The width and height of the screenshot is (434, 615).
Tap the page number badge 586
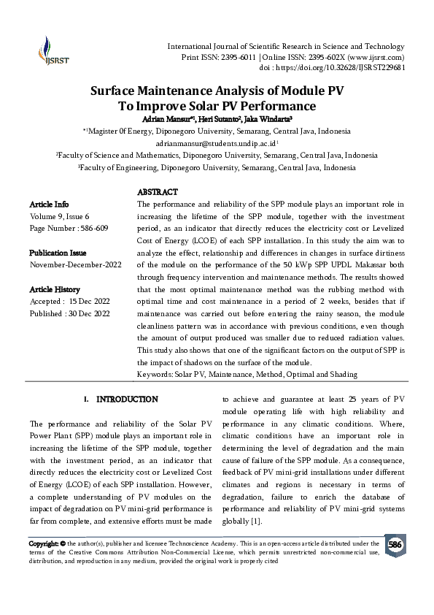point(395,546)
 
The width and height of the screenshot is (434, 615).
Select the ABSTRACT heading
point(158,192)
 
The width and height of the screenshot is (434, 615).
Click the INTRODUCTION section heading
point(127,400)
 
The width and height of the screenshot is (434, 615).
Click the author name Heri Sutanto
point(217,118)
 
